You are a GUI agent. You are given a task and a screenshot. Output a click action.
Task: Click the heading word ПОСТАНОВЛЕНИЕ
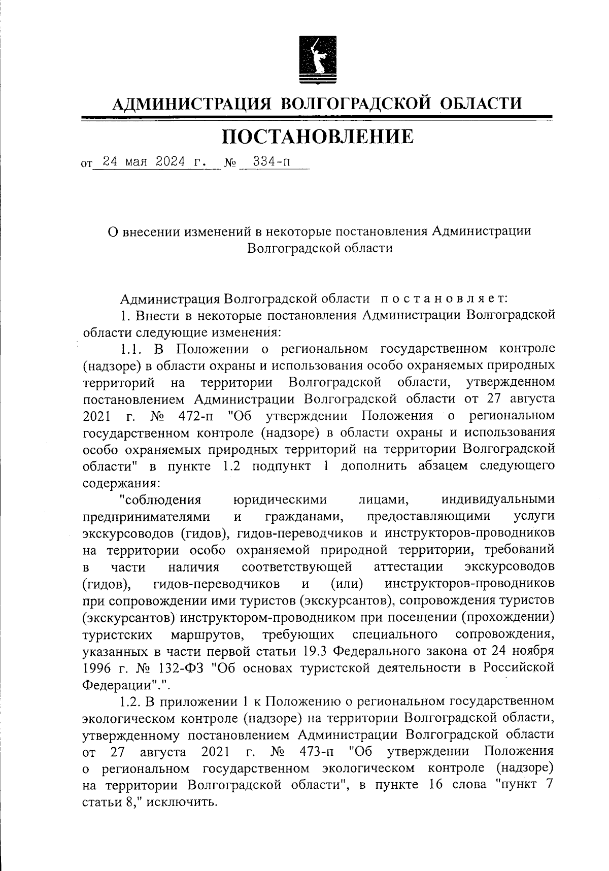pyautogui.click(x=318, y=137)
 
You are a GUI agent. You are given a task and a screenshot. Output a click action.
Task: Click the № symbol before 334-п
pyautogui.click(x=231, y=164)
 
